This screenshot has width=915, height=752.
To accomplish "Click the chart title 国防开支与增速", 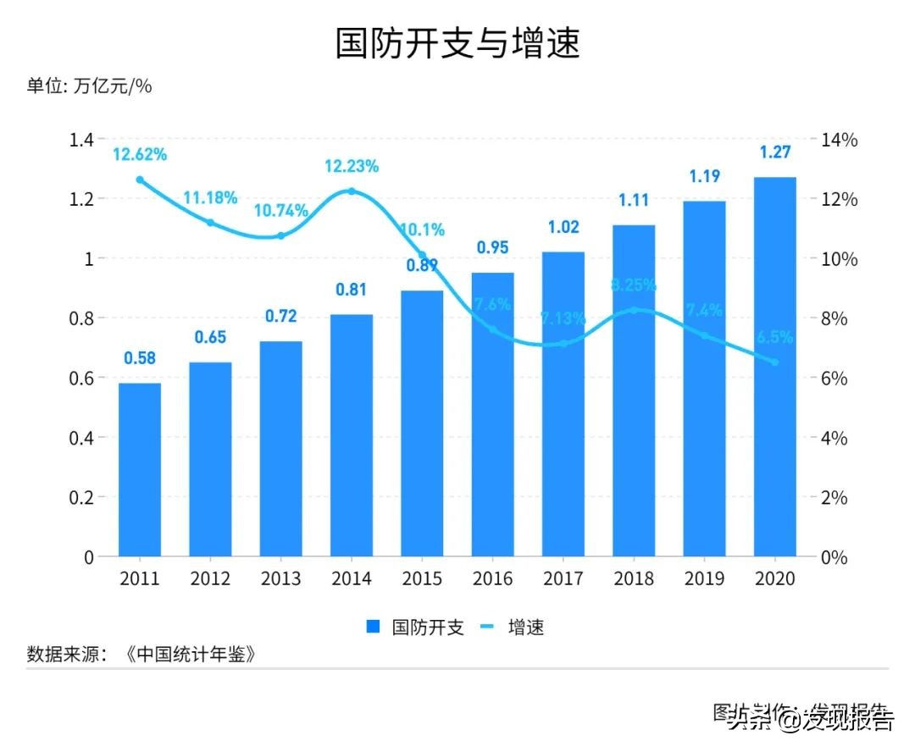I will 457,43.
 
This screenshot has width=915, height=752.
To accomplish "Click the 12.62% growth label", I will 140,154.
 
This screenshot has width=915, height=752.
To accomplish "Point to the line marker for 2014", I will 352,191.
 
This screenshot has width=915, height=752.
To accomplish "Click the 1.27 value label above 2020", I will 774,152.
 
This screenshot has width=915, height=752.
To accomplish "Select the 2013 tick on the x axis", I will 280,578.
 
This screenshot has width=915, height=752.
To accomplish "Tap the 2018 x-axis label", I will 633,578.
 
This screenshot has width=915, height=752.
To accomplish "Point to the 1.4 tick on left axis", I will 81,140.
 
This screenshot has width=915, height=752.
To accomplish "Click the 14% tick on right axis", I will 840,140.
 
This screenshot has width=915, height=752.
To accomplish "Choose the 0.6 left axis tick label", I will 81,379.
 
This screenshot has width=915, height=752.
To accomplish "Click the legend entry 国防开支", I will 414,628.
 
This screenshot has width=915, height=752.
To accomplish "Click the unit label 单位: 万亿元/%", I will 89,86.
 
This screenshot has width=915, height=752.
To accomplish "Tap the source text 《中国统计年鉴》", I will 190,655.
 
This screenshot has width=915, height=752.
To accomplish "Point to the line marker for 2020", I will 774,362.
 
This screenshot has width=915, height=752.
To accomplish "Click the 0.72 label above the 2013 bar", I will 280,317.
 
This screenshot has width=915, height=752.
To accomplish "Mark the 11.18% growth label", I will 210,198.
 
